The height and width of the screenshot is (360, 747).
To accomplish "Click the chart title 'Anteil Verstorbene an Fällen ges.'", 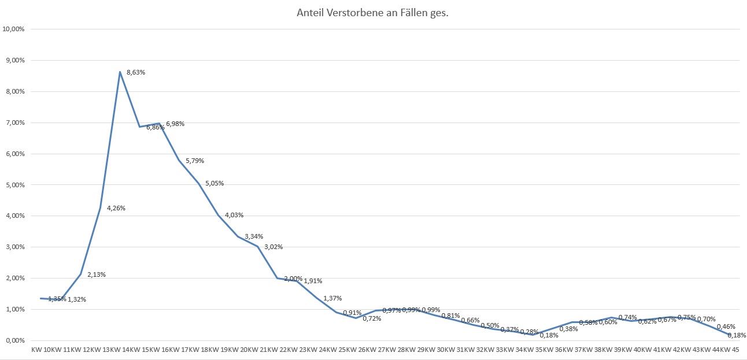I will (372, 13).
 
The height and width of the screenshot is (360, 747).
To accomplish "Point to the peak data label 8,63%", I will (136, 73).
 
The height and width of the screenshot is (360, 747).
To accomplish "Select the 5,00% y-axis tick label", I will (14, 185).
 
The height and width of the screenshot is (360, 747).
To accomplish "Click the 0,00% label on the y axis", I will (14, 340).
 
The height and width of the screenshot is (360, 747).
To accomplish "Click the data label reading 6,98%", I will (175, 124).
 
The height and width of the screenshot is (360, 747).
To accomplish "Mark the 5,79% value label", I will (195, 161).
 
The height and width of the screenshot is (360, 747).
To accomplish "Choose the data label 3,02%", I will (273, 247).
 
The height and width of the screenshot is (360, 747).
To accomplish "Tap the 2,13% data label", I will (97, 274).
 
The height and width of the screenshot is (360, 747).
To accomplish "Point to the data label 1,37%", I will (332, 298).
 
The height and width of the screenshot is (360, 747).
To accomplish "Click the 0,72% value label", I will (372, 318).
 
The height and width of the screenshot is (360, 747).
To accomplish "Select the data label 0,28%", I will (529, 332).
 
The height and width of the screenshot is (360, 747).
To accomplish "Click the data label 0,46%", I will (726, 327).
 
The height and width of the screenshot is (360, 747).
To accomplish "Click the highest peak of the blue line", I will (120, 72).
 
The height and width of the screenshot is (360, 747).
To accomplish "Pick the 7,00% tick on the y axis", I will (14, 123).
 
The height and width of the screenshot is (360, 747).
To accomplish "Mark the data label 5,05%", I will (215, 184).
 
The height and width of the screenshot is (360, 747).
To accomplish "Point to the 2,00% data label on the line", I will (293, 279).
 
